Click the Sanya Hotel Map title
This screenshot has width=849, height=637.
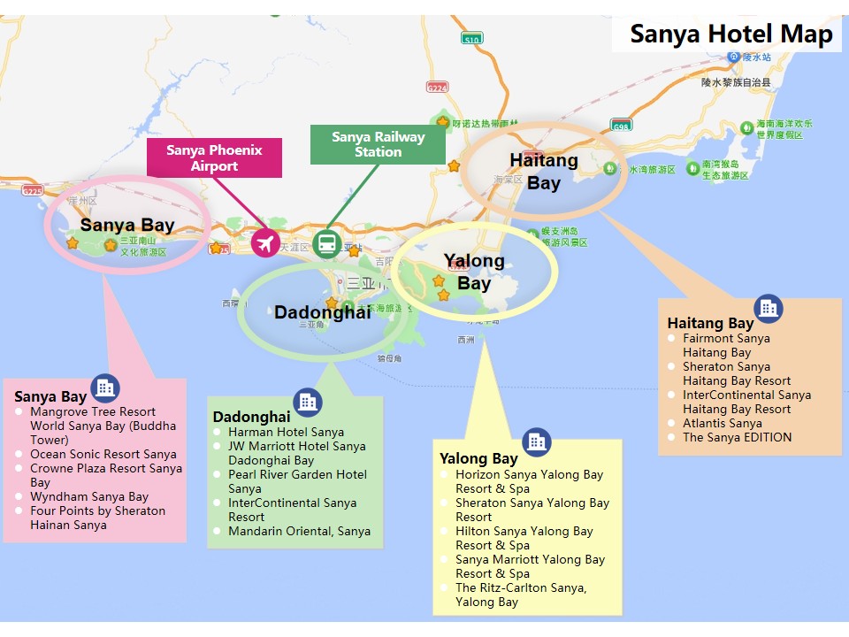pos(730,35)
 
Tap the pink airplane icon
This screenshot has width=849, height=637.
pos(265,242)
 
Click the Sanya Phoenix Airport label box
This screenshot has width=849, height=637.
pos(214,157)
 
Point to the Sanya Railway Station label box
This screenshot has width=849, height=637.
pos(378,144)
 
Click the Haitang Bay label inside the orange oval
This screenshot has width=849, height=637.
pos(544,172)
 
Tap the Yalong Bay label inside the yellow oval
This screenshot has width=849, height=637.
pos(474,272)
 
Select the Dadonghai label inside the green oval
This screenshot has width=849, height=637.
pos(322,312)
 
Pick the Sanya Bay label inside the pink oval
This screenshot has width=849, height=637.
pos(126,225)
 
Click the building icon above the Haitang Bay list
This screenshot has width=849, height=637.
pos(768,308)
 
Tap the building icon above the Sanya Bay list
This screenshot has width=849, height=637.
pos(105,387)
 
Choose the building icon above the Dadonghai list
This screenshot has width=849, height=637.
pos(308,403)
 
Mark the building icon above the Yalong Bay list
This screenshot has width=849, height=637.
pos(536,441)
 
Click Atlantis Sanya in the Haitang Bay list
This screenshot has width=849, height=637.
pos(722,423)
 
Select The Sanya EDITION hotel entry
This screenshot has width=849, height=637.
pos(737,437)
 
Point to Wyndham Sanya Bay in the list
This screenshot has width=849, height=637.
pos(89,496)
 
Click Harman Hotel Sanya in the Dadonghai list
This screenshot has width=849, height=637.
pos(286,432)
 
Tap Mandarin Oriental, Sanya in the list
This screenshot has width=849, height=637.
pos(299,531)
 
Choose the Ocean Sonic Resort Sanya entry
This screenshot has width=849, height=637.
pos(103,454)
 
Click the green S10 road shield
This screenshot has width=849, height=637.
pos(472,39)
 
